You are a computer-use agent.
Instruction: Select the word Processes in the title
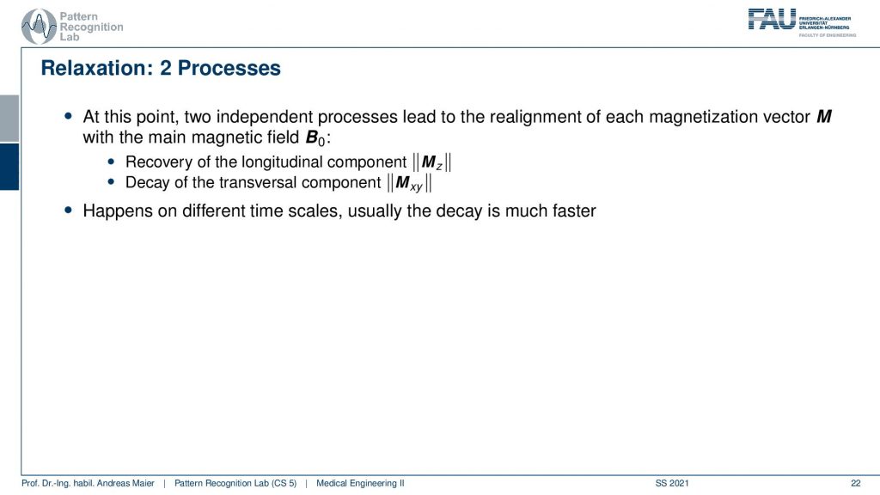[229, 68]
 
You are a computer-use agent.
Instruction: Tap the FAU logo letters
[772, 19]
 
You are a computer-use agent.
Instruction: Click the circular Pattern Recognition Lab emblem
[38, 27]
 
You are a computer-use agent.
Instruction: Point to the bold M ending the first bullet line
[824, 117]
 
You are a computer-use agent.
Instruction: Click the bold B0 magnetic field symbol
[315, 138]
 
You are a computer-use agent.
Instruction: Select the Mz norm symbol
[432, 162]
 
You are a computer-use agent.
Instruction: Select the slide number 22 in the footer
[855, 483]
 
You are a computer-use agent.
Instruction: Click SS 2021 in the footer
[672, 483]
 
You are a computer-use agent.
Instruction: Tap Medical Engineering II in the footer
[360, 483]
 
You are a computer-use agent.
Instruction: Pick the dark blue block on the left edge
[9, 167]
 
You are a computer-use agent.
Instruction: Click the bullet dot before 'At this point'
[69, 116]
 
